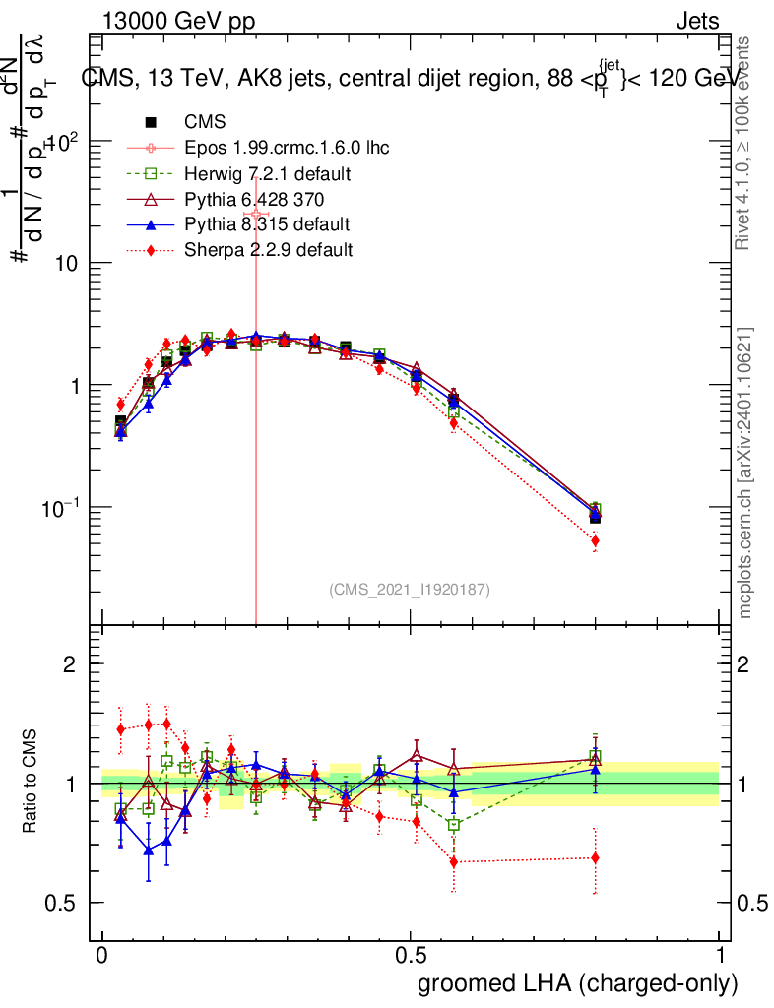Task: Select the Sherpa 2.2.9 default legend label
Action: (x=269, y=250)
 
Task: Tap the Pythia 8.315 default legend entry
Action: (x=267, y=224)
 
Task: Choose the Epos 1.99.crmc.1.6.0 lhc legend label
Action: (x=287, y=149)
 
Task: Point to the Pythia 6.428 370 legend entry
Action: (x=262, y=200)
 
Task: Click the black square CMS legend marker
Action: (x=152, y=123)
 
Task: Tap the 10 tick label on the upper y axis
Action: (x=65, y=264)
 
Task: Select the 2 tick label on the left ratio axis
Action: (x=70, y=664)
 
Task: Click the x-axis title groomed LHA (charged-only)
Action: (x=578, y=983)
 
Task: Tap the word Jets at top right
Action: (x=697, y=23)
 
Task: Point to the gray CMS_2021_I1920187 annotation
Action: (x=410, y=590)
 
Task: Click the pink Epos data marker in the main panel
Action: (x=256, y=214)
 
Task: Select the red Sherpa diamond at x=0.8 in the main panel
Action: (x=595, y=540)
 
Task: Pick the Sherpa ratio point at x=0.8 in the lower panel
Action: (x=595, y=857)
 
